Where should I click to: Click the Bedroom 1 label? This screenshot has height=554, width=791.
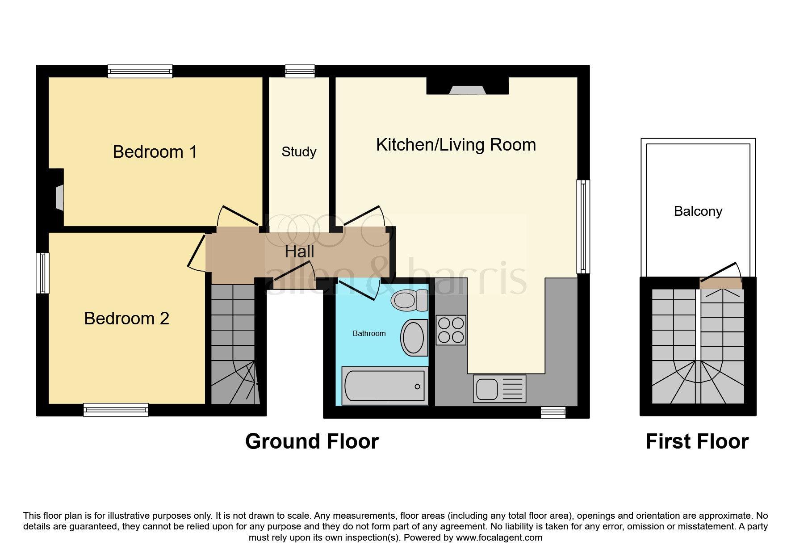coord(155,152)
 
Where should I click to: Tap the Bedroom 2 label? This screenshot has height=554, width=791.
coord(127,319)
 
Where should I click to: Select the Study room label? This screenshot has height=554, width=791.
coord(299,152)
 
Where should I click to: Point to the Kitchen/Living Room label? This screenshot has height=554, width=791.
coord(456,145)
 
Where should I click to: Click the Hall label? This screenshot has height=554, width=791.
coord(300,252)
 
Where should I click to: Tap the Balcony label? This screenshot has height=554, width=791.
coord(698,211)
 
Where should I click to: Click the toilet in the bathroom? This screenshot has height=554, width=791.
coord(410,300)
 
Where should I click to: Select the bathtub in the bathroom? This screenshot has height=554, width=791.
coord(385,386)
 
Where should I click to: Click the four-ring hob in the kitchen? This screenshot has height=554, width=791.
coord(451,330)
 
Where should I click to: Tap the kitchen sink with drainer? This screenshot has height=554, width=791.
coord(500,388)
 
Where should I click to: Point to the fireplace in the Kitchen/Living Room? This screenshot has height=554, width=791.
coord(467,90)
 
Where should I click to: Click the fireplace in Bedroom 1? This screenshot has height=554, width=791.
coord(59,197)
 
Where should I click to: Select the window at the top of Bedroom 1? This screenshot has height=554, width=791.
coord(140,71)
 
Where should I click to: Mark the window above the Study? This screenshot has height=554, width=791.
coord(300,71)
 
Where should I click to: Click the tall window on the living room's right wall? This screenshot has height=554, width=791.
coord(583,227)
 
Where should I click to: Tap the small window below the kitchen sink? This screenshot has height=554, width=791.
coord(553,412)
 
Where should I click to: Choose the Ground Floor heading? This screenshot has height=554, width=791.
coord(312,441)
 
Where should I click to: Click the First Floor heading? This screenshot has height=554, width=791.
coord(697,441)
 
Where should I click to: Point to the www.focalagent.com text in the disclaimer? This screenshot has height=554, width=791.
coord(499,537)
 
